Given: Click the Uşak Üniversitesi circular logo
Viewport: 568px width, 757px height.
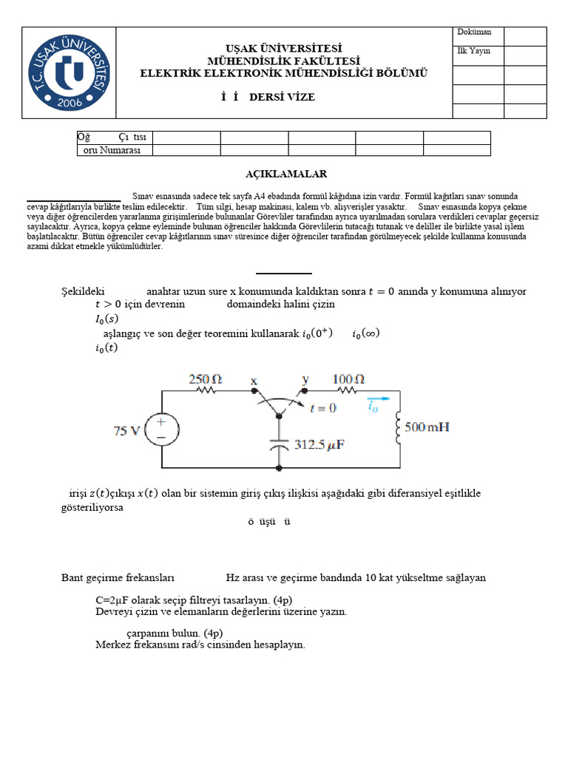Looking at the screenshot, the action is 69,72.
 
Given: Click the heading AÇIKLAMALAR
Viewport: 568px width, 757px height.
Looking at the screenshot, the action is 286,174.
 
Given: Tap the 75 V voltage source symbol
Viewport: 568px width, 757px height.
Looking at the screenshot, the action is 160,430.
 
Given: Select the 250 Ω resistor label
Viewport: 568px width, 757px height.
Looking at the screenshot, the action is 205,379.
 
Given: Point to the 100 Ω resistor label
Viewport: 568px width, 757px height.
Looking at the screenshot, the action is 348,379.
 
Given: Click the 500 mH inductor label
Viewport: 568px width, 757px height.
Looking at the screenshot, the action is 426,427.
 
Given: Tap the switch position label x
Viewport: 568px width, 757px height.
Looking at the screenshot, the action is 254,381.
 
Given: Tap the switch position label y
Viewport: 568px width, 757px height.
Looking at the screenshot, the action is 305,379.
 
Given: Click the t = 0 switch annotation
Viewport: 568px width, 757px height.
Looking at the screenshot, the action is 322,407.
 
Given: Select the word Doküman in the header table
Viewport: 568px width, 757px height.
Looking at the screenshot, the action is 474,33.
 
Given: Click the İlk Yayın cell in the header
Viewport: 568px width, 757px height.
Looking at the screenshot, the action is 474,51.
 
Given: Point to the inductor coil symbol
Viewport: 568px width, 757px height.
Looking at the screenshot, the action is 398,428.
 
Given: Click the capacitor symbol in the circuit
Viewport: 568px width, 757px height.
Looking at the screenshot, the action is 279,446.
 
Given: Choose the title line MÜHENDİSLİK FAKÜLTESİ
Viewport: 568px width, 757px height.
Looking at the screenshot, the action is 284,61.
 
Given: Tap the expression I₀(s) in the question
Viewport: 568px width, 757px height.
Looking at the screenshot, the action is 106,319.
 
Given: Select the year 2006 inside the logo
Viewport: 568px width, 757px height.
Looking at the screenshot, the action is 68,101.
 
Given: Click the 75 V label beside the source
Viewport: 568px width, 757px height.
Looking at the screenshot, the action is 126,431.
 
